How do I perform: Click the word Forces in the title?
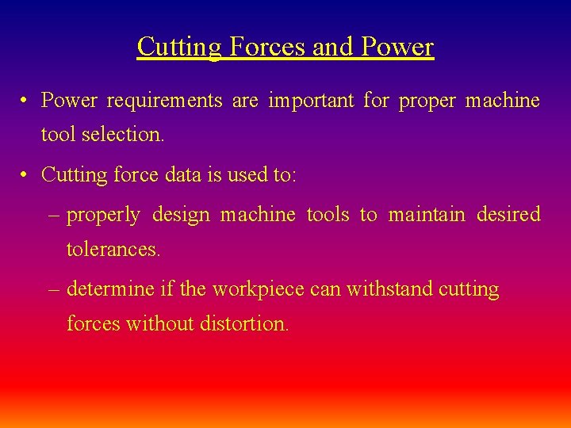pyautogui.click(x=268, y=47)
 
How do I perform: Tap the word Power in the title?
pyautogui.click(x=397, y=47)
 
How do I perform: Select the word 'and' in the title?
pyautogui.click(x=333, y=47)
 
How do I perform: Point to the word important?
pyautogui.click(x=312, y=101)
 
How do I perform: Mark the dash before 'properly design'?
pyautogui.click(x=53, y=215)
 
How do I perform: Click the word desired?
pyautogui.click(x=508, y=215)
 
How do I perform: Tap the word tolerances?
pyautogui.click(x=113, y=250)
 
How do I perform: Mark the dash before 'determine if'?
pyautogui.click(x=53, y=289)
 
